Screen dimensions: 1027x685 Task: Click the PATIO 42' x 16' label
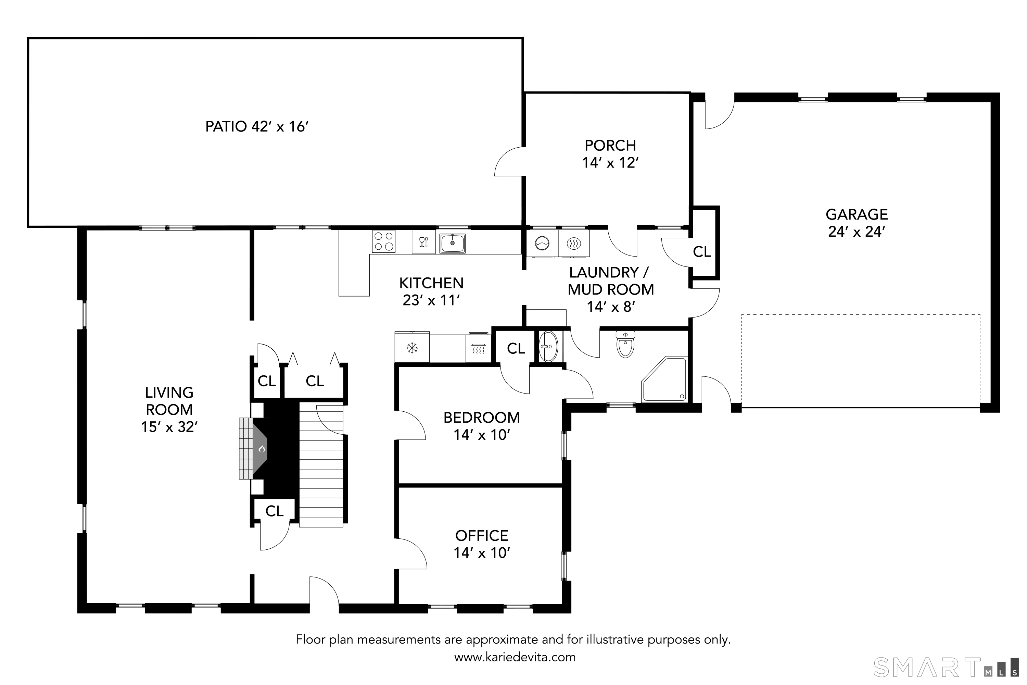click(257, 127)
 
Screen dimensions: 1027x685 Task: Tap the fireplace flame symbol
click(262, 449)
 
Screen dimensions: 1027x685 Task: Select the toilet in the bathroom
click(625, 344)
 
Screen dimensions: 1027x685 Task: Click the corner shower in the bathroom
click(664, 379)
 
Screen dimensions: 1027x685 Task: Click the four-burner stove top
click(383, 241)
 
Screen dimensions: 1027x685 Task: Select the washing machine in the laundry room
click(542, 243)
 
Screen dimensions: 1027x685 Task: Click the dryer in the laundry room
click(573, 243)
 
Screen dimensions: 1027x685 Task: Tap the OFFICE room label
click(482, 536)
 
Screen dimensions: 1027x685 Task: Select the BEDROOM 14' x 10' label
click(482, 426)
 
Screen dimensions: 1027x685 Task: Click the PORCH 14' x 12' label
click(610, 154)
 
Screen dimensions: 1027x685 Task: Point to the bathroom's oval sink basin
click(548, 346)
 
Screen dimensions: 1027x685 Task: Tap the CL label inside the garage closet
click(702, 252)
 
